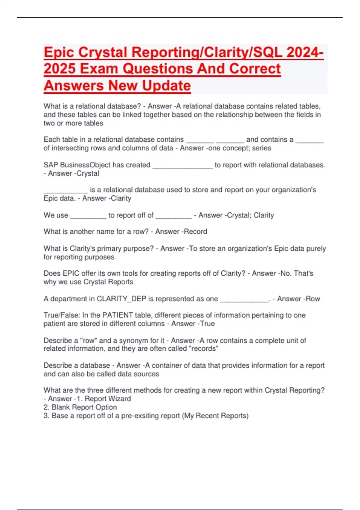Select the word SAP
click(51, 165)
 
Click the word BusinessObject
click(85, 165)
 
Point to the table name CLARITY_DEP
click(121, 299)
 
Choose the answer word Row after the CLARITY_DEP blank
click(313, 299)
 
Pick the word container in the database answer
click(167, 365)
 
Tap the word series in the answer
click(262, 148)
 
